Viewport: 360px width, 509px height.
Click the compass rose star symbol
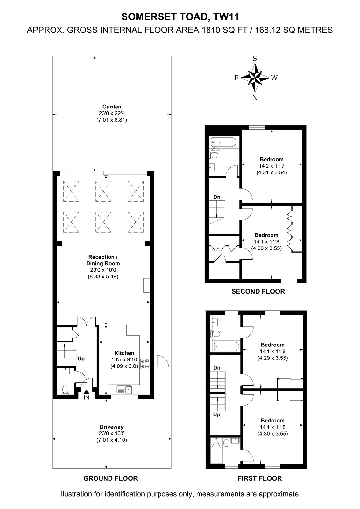255,78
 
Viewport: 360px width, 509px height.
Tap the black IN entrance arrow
86,392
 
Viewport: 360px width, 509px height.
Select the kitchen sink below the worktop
124,389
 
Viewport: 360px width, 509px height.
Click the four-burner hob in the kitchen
145,364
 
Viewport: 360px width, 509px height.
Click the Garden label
112,107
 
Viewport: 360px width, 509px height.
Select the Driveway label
112,427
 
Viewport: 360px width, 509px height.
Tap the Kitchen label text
124,353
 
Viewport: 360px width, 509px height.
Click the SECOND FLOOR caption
258,291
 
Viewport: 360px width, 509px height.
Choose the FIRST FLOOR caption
260,478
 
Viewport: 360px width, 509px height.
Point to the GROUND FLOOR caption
110,478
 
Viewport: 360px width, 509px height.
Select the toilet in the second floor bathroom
214,155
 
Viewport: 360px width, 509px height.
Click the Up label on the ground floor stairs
81,359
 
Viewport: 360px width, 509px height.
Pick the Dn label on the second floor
217,197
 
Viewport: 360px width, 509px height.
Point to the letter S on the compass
255,59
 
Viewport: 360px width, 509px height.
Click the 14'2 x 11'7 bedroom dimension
272,166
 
